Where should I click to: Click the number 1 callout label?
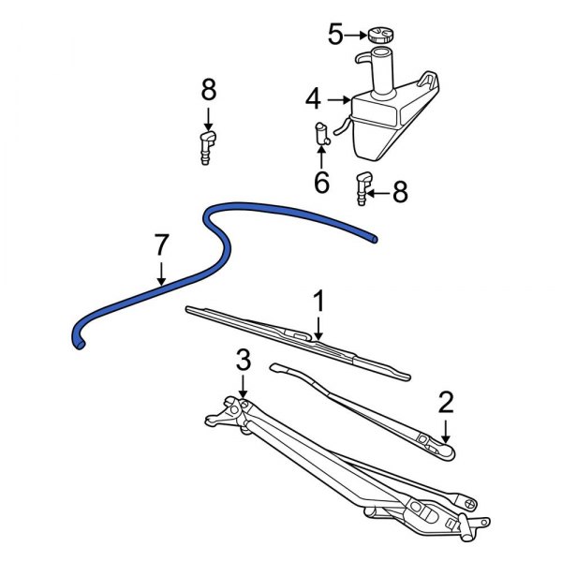tap(318, 302)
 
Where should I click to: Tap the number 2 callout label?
tap(446, 402)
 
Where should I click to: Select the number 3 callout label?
tap(244, 359)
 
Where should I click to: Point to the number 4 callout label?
tap(313, 97)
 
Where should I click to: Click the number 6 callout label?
tap(321, 182)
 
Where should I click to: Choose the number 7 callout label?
tap(161, 246)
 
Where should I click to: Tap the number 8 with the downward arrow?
tap(208, 91)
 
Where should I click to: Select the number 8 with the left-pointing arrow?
tap(400, 193)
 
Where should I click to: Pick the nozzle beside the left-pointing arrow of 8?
tap(362, 188)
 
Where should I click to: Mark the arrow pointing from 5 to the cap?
tap(357, 37)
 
